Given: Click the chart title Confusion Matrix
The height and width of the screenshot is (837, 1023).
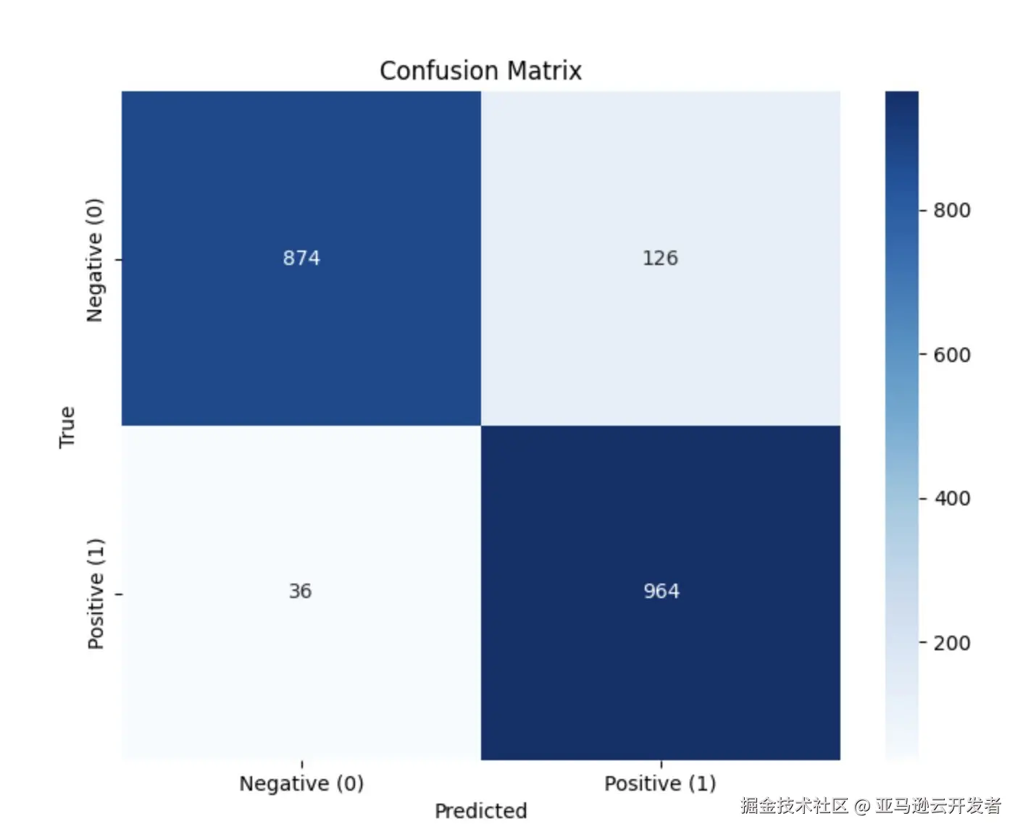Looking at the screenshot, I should click(480, 71).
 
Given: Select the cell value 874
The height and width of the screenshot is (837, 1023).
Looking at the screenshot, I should click(301, 258).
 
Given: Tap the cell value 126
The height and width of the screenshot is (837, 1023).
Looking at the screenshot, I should click(660, 258).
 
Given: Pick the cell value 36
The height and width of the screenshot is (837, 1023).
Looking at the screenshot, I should click(300, 591).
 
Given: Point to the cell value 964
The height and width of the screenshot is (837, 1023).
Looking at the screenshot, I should click(661, 591).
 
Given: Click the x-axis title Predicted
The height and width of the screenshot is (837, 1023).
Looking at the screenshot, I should click(480, 811).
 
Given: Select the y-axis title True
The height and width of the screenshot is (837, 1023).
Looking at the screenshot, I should click(67, 426).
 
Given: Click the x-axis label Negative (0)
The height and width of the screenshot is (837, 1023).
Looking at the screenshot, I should click(301, 783).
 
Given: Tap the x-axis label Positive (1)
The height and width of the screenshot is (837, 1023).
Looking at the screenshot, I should click(660, 783).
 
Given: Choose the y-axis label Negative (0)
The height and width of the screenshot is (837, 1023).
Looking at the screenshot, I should click(95, 260).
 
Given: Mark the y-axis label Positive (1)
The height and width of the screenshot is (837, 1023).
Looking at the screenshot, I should click(96, 594).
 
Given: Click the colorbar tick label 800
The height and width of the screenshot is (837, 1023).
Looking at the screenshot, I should click(951, 211).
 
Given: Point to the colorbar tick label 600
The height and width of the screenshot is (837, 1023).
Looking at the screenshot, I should click(951, 355).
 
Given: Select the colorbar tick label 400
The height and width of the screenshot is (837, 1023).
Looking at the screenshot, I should click(951, 499).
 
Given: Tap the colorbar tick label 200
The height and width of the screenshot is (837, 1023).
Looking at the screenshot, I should click(951, 643).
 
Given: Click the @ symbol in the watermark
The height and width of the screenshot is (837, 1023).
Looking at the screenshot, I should click(861, 806).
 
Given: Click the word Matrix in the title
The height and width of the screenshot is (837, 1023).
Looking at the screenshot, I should click(544, 71).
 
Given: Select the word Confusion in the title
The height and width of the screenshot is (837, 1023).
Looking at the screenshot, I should click(440, 71).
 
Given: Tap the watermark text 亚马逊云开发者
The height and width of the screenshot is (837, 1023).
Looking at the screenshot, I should click(938, 806).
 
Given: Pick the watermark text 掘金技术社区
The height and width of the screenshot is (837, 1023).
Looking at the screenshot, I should click(794, 806).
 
